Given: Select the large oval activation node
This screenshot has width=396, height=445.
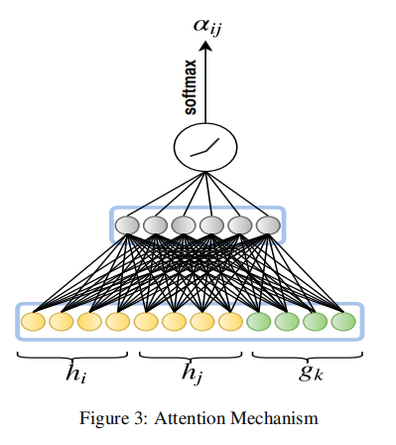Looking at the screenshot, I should click(207, 147).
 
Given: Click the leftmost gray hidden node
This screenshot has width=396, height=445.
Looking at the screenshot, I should click(127, 225).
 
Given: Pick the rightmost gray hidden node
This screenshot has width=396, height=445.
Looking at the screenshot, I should click(268, 225).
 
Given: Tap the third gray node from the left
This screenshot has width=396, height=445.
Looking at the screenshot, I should click(184, 225).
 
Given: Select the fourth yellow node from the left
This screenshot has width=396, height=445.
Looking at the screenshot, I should click(118, 322).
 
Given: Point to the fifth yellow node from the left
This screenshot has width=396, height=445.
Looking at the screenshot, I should click(146, 322).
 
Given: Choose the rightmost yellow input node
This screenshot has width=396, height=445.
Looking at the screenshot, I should click(230, 322).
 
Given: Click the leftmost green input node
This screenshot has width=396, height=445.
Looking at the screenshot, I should click(259, 322).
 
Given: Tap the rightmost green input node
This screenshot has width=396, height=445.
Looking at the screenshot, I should click(343, 322).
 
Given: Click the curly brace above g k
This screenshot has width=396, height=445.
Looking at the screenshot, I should click(303, 355).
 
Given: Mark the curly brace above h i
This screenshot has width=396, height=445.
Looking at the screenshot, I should click(72, 355).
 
